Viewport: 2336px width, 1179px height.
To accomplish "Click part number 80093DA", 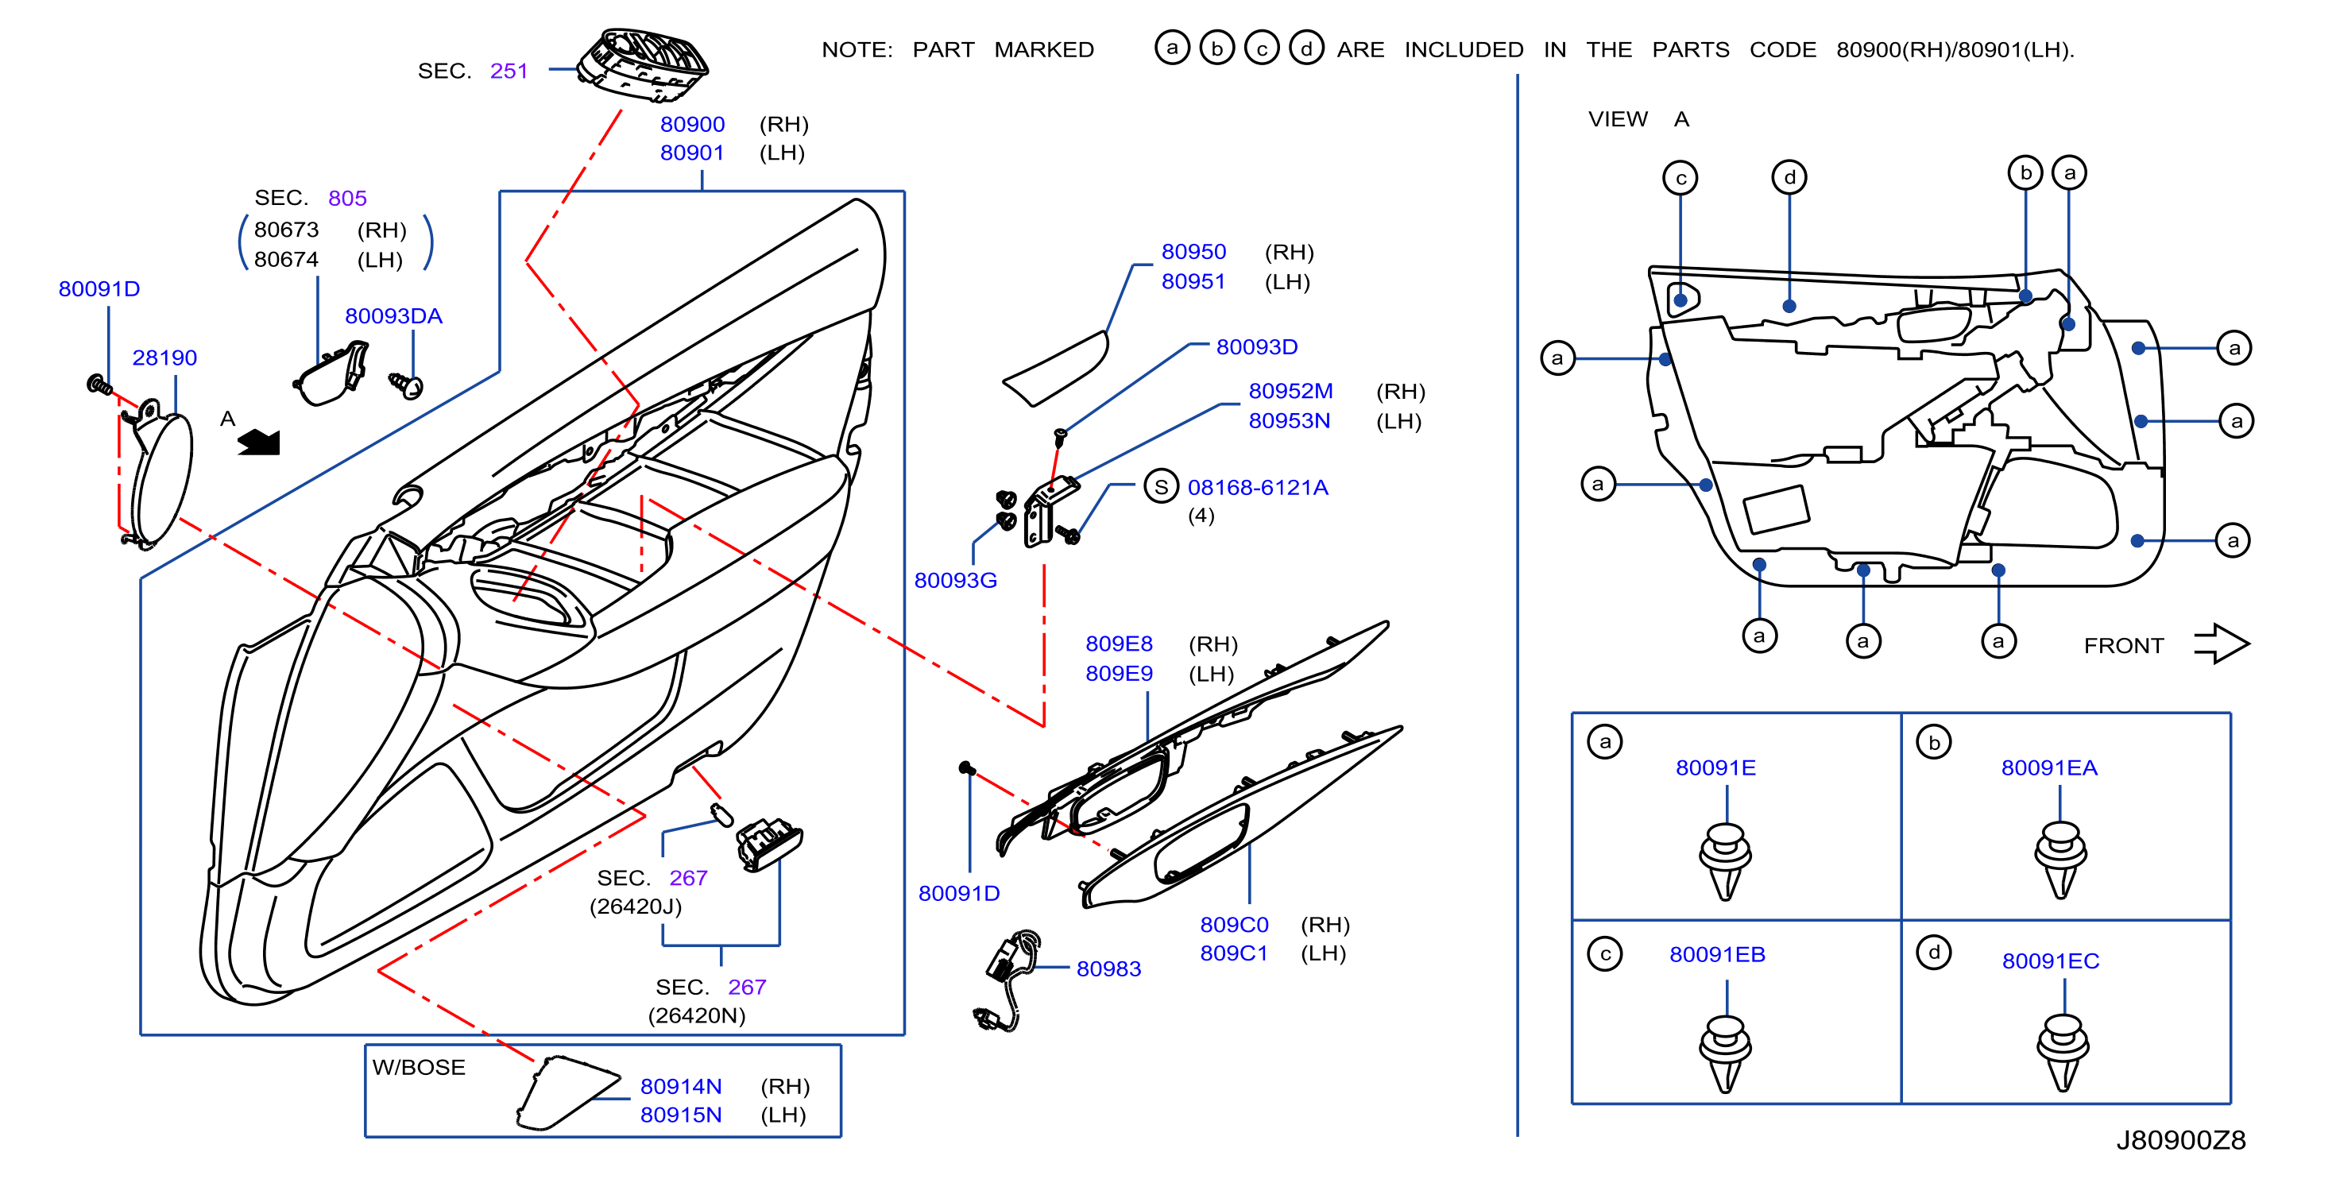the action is point(393,315).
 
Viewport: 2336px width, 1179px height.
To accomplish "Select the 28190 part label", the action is point(164,358).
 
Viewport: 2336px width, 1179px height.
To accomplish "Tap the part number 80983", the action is point(1108,968).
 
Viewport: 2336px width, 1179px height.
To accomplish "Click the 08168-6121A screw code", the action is point(1258,487).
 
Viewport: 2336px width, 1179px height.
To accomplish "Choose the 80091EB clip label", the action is point(1716,954).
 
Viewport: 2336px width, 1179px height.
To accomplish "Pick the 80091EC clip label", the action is point(2050,961).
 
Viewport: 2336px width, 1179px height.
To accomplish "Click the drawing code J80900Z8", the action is point(2181,1140).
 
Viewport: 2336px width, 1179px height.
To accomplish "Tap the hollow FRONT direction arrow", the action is point(2222,644).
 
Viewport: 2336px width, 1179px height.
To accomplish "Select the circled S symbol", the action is point(1161,487).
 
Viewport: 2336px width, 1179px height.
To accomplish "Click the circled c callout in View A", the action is point(1680,178).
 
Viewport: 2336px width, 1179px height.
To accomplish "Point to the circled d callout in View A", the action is point(1789,177).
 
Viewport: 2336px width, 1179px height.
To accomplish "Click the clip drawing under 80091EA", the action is point(2060,858).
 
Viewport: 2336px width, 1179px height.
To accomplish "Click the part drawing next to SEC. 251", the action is point(643,66).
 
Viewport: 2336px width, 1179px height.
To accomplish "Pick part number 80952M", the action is point(1290,391).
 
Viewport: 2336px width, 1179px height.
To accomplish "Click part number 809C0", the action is point(1234,924).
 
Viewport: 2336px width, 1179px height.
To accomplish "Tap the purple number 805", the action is point(347,198).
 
